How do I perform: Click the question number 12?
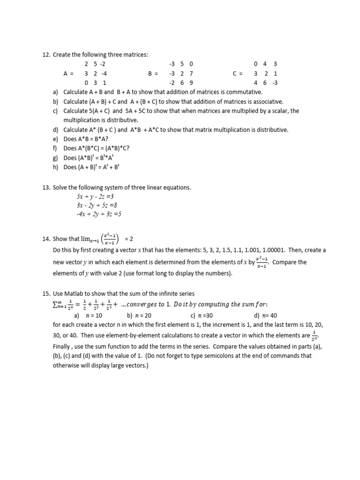[x=46, y=55]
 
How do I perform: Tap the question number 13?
[x=46, y=187]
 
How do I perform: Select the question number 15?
[x=46, y=294]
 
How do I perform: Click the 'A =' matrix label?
[x=68, y=74]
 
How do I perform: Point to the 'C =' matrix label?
[x=238, y=74]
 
